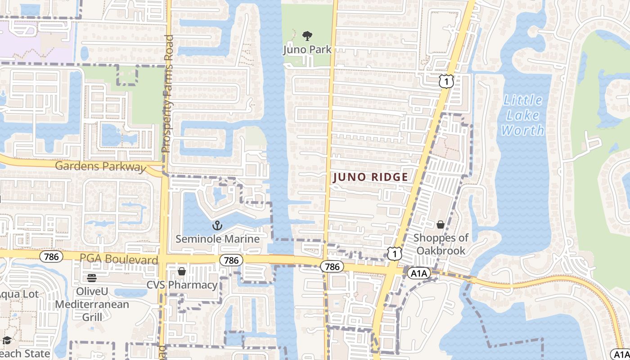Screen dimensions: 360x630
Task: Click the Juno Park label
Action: tap(307, 49)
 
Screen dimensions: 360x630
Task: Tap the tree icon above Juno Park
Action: tap(307, 36)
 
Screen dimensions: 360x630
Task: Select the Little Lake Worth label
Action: tap(523, 115)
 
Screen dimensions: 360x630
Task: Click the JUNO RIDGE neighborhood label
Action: tap(370, 177)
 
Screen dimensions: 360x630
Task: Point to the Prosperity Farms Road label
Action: tap(167, 94)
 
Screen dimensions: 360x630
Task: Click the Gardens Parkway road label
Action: tap(98, 166)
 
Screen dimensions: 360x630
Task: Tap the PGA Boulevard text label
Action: tap(119, 260)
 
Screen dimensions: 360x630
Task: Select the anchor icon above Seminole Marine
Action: tap(217, 225)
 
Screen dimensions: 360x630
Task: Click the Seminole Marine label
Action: tap(217, 239)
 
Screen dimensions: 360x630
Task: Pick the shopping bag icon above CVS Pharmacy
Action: tap(182, 271)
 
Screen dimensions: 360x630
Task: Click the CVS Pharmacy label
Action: tap(182, 285)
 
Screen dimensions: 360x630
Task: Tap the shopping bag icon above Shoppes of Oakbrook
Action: tap(441, 225)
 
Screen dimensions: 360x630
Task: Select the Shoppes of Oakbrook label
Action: tap(441, 244)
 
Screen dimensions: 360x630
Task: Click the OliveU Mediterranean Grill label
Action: tap(92, 304)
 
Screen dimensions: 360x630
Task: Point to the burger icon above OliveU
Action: tap(92, 278)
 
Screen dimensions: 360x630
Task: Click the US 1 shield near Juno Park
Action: tap(445, 81)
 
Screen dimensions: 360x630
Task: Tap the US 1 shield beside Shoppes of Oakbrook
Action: tap(394, 253)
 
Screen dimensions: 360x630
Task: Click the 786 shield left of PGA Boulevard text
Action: tap(51, 256)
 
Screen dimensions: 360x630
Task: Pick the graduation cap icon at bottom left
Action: tap(7, 340)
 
